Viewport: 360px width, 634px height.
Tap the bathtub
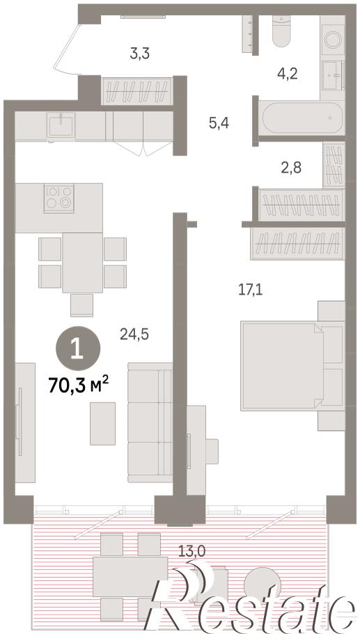(302, 118)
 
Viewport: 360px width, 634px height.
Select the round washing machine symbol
(334, 40)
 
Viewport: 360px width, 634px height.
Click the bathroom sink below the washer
(333, 75)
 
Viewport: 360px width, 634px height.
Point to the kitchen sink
(61, 125)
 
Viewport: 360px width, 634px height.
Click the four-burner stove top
(59, 197)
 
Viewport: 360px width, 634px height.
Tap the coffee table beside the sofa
(102, 424)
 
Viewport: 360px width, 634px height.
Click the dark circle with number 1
(77, 348)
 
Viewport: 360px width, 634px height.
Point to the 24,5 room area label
(134, 334)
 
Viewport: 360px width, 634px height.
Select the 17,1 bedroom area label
(250, 290)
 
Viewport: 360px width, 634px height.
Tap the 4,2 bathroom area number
(288, 74)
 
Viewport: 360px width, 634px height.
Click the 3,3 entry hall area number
(140, 54)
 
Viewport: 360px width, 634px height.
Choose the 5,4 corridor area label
(219, 123)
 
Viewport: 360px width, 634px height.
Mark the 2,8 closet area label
(291, 167)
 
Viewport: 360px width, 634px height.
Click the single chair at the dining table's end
(81, 305)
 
